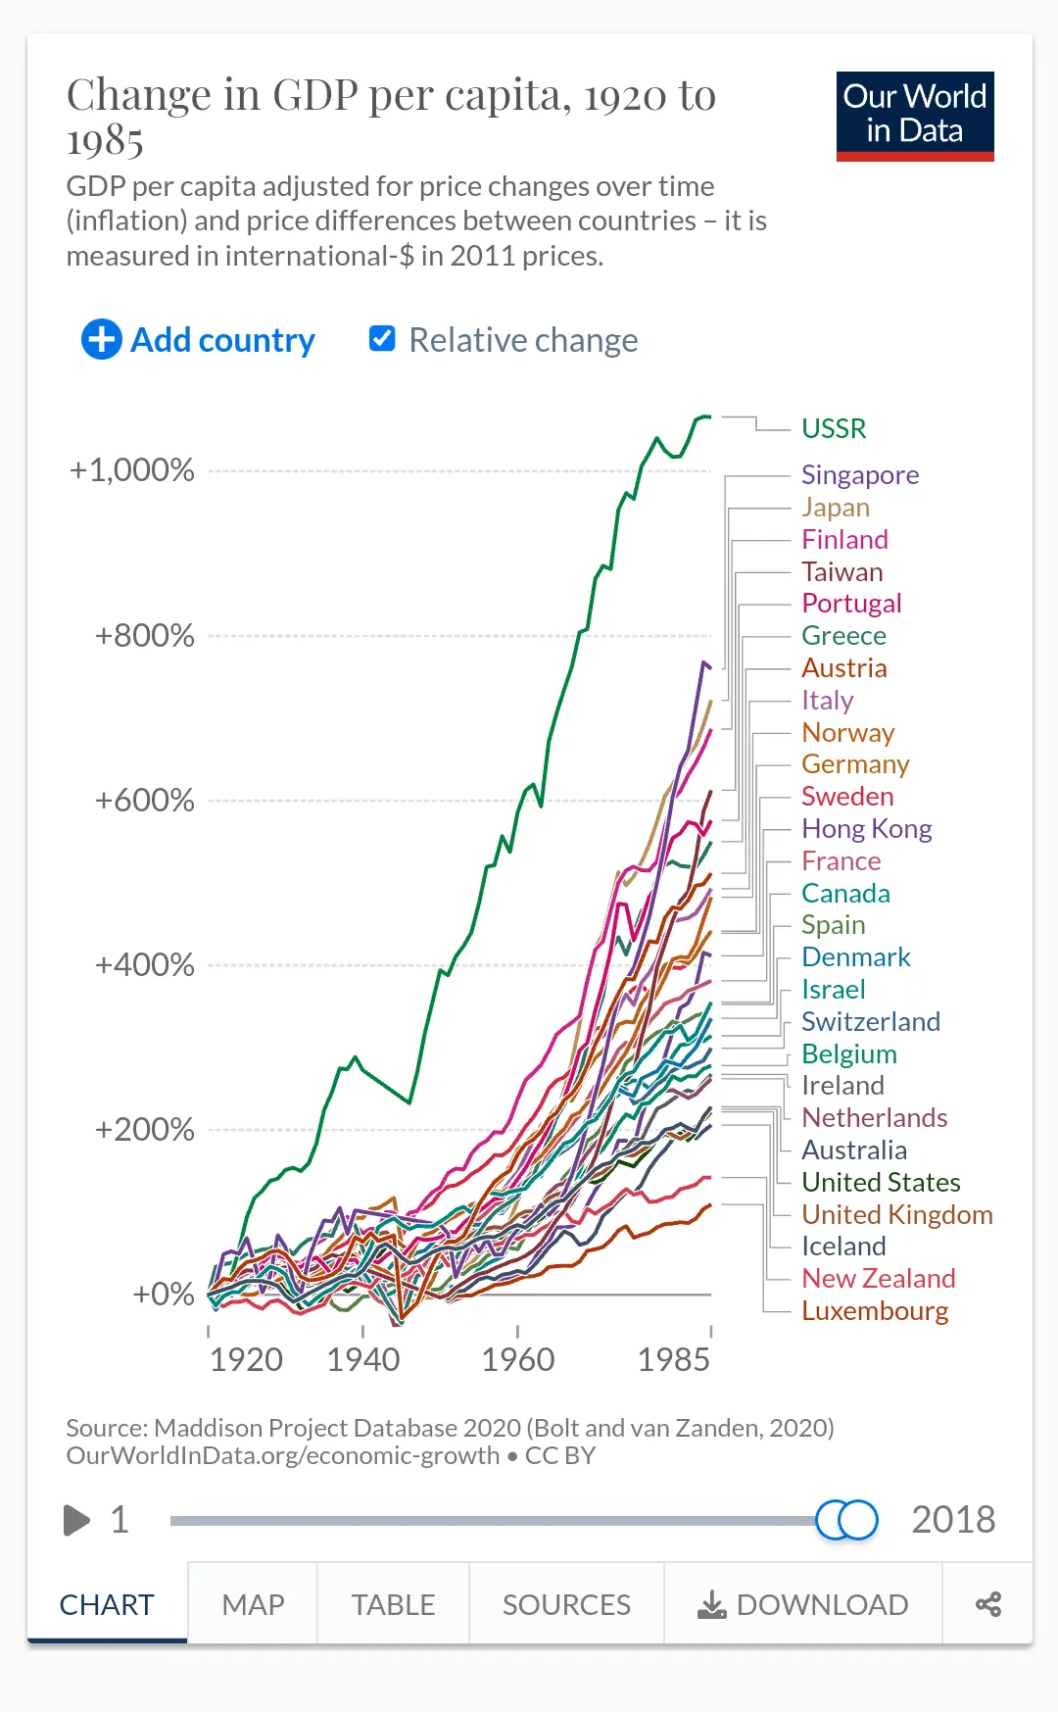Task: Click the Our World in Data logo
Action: pos(915,116)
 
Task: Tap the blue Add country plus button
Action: pos(102,340)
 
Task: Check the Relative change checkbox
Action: pos(382,339)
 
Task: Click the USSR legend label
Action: pos(834,428)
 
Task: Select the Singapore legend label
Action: pos(860,475)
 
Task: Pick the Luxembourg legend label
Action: pos(875,1311)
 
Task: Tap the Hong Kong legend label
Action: pos(866,829)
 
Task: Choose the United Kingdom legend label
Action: pos(896,1215)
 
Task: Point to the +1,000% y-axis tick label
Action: pos(132,470)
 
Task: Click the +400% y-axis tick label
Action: pos(145,965)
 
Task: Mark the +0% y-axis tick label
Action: pos(164,1295)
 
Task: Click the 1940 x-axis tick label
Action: pos(363,1360)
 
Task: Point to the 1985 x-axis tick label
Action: pos(674,1360)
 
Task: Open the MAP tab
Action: pos(253,1604)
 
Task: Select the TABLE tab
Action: pos(393,1604)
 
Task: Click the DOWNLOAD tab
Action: pos(803,1604)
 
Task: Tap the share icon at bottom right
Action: pos(987,1604)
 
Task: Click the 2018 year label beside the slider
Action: pos(953,1520)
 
